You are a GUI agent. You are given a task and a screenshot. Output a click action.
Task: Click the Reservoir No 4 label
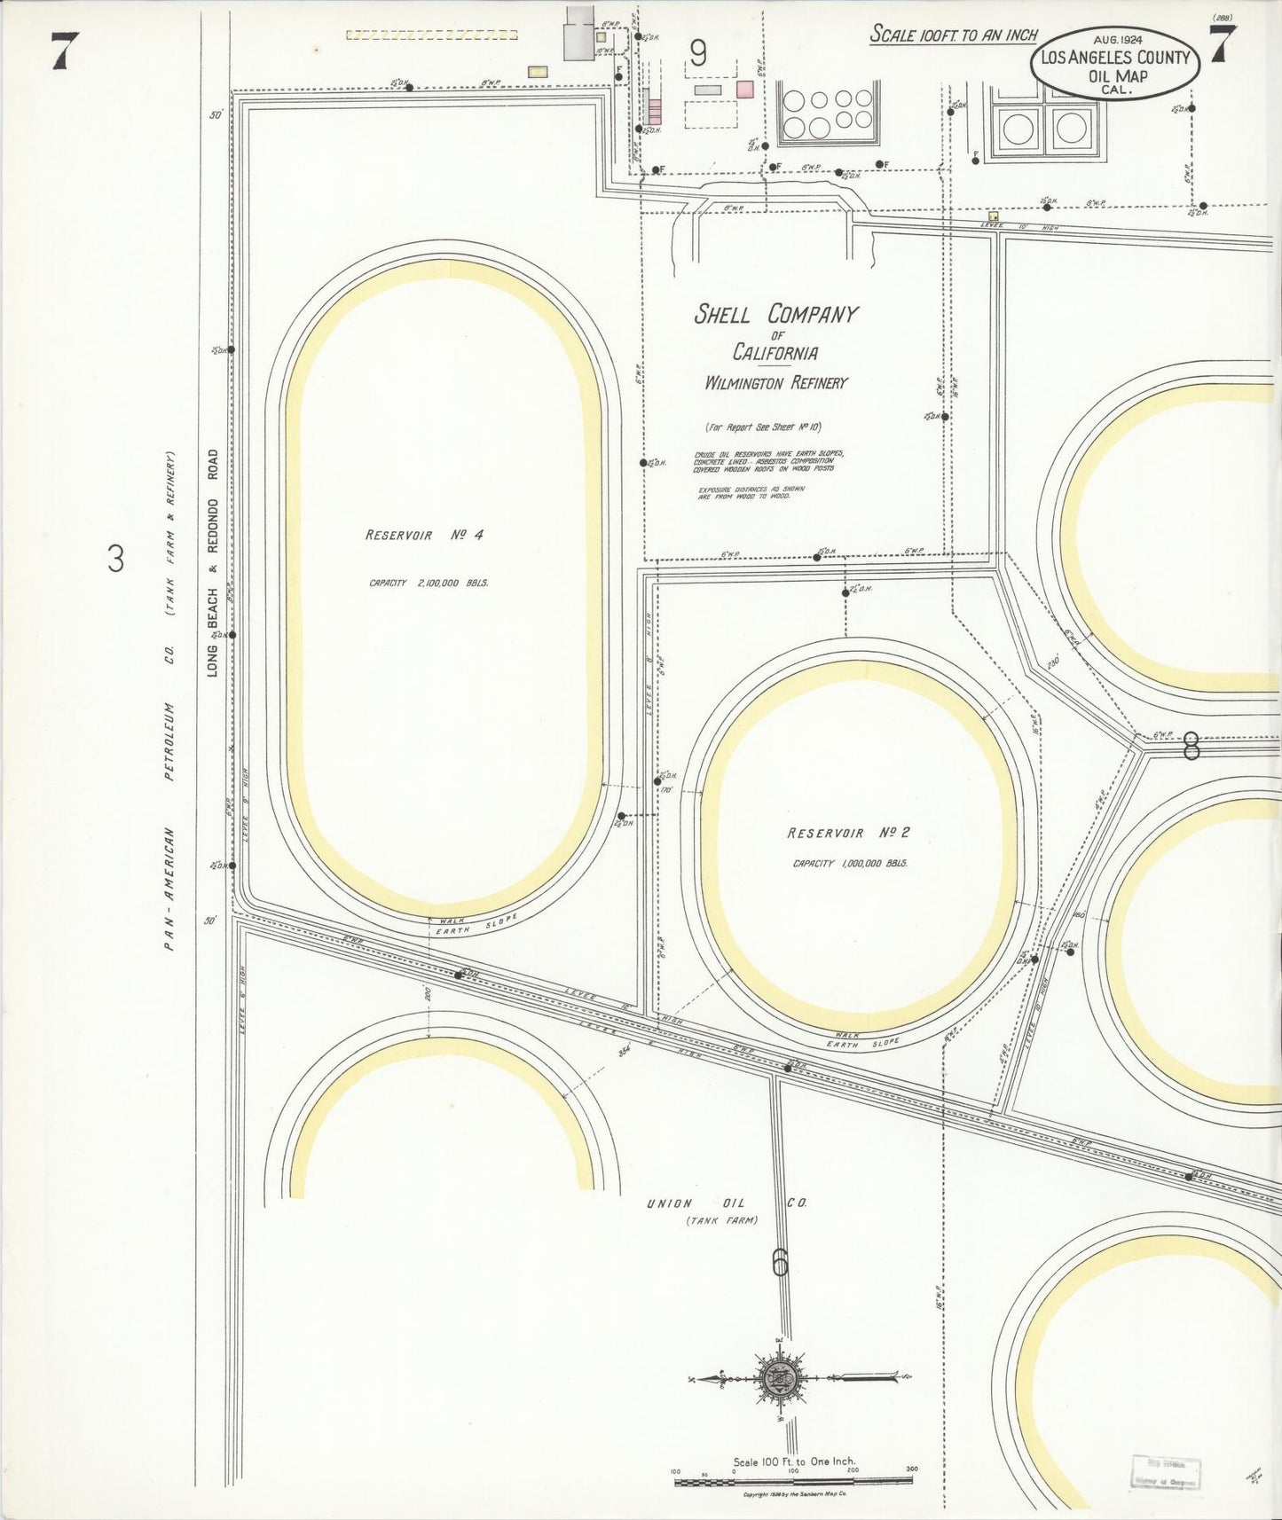424,535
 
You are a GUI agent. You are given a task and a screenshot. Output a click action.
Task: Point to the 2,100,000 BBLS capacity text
429,584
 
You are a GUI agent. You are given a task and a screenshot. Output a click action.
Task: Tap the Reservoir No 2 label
848,833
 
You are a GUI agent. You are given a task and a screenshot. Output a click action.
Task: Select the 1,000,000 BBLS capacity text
850,863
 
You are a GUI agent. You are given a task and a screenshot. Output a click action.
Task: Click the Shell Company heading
775,314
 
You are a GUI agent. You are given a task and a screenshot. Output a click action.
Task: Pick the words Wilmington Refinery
776,383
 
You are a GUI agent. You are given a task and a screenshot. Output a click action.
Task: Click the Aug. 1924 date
1117,39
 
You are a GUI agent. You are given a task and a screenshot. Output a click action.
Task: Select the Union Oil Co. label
727,1203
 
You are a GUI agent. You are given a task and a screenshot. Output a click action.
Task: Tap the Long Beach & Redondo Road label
213,563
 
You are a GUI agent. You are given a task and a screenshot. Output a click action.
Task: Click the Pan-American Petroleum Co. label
169,701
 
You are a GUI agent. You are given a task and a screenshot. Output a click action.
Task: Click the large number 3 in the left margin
116,560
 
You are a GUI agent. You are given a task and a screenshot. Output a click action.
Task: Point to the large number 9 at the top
698,55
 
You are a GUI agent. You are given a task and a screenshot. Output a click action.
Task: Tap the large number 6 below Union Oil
780,1262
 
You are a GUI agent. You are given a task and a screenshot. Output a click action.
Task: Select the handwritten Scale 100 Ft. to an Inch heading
953,35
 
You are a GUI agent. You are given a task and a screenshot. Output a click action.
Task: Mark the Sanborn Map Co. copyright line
795,1494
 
